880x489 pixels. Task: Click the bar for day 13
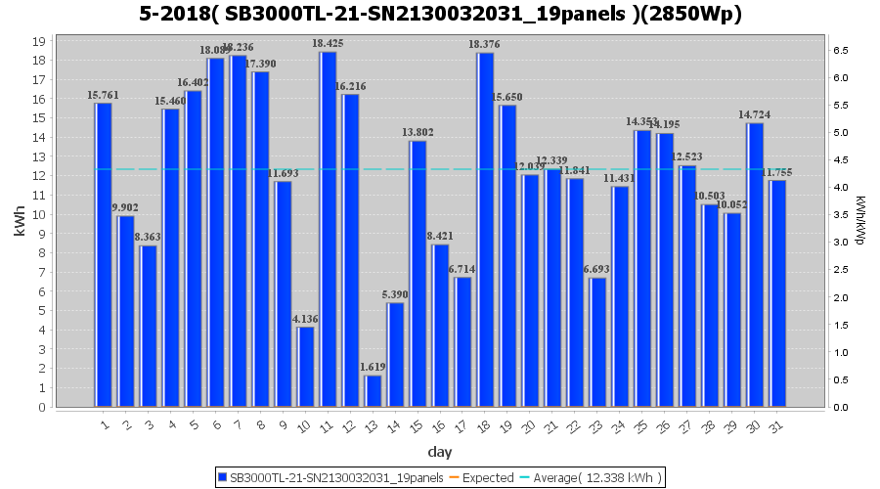click(x=374, y=390)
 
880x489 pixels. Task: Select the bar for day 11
click(x=329, y=229)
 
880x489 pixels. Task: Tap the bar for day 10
click(x=306, y=367)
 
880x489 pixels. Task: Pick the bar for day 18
click(x=486, y=230)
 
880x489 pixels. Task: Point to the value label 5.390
click(x=396, y=294)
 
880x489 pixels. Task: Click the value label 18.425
click(x=329, y=44)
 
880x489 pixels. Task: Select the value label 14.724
click(x=756, y=115)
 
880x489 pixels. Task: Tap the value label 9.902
click(x=126, y=208)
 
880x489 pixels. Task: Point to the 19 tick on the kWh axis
click(x=38, y=42)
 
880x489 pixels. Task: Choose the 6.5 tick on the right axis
click(x=840, y=51)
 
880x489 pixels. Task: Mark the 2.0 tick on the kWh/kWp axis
click(x=840, y=297)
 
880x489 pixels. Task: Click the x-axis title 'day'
click(x=440, y=452)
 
